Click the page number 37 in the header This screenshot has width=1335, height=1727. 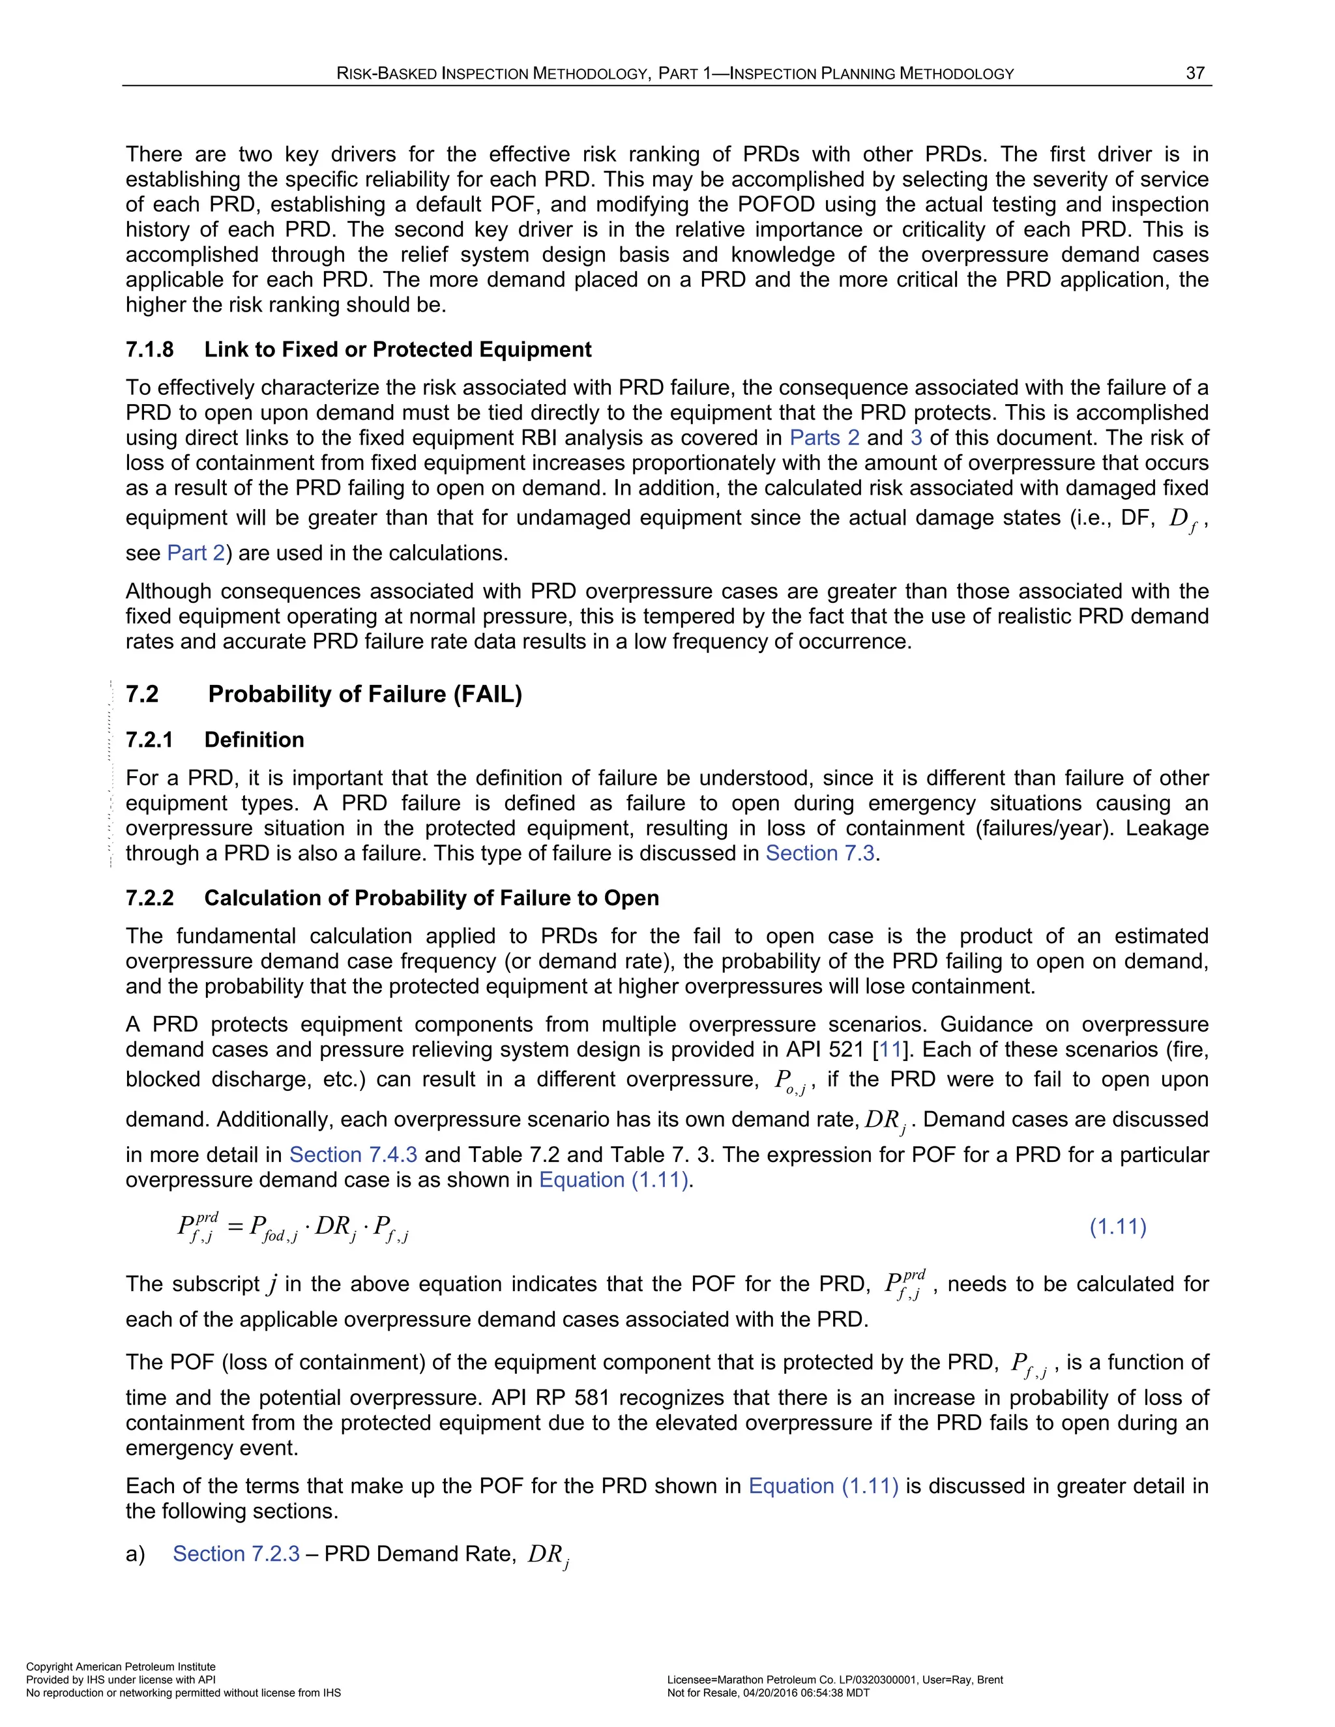[1194, 73]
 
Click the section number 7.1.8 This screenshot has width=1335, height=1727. [149, 349]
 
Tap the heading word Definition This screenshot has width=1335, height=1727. [254, 740]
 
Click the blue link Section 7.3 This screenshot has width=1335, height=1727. [819, 853]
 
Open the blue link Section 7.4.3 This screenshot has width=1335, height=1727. [353, 1155]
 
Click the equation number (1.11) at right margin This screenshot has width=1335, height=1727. [1117, 1226]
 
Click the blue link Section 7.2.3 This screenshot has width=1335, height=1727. [236, 1554]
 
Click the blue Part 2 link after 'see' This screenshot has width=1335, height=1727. [196, 553]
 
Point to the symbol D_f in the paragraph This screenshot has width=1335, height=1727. [1182, 519]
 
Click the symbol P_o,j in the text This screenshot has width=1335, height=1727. [789, 1082]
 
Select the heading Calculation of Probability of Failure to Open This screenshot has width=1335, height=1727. [431, 898]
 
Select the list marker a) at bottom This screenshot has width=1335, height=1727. [135, 1554]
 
